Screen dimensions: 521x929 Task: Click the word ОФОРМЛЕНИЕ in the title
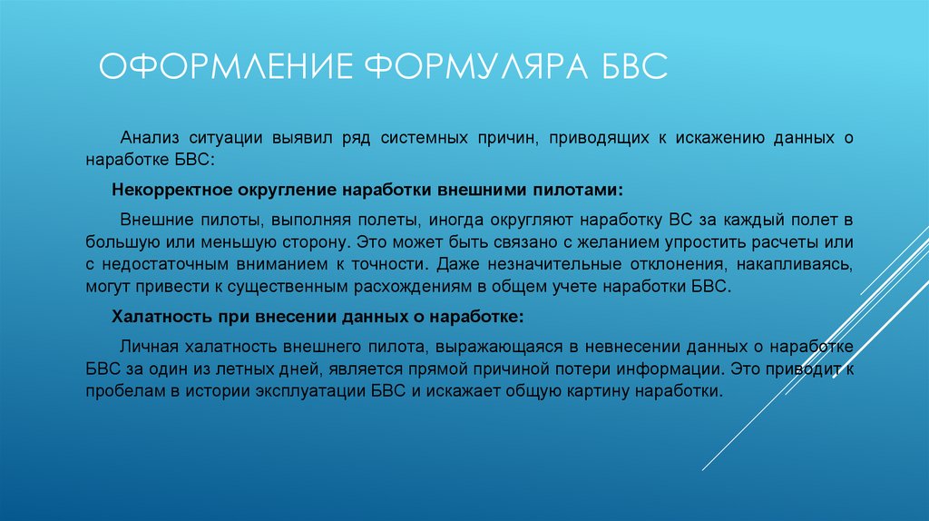[x=222, y=69]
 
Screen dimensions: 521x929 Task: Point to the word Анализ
[x=151, y=138]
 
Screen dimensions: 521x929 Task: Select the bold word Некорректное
[x=171, y=192]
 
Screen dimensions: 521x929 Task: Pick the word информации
[x=659, y=371]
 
